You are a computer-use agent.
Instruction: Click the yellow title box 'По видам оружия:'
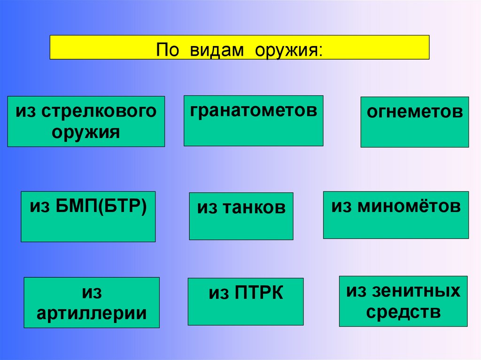[x=239, y=47]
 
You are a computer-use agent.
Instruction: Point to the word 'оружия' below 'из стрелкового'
[x=86, y=132]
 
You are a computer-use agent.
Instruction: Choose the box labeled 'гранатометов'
[x=253, y=121]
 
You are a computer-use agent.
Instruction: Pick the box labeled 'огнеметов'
[x=414, y=122]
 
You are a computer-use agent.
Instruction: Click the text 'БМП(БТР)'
[x=104, y=206]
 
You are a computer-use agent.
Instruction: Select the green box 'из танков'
[x=241, y=216]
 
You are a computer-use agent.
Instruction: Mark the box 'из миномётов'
[x=396, y=214]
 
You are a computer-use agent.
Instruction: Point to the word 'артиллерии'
[x=92, y=313]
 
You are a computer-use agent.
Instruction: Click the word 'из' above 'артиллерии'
[x=92, y=292]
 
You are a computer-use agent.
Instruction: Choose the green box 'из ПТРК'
[x=245, y=301]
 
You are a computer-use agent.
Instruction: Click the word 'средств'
[x=403, y=312]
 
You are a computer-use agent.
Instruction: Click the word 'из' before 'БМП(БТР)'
[x=39, y=206]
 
